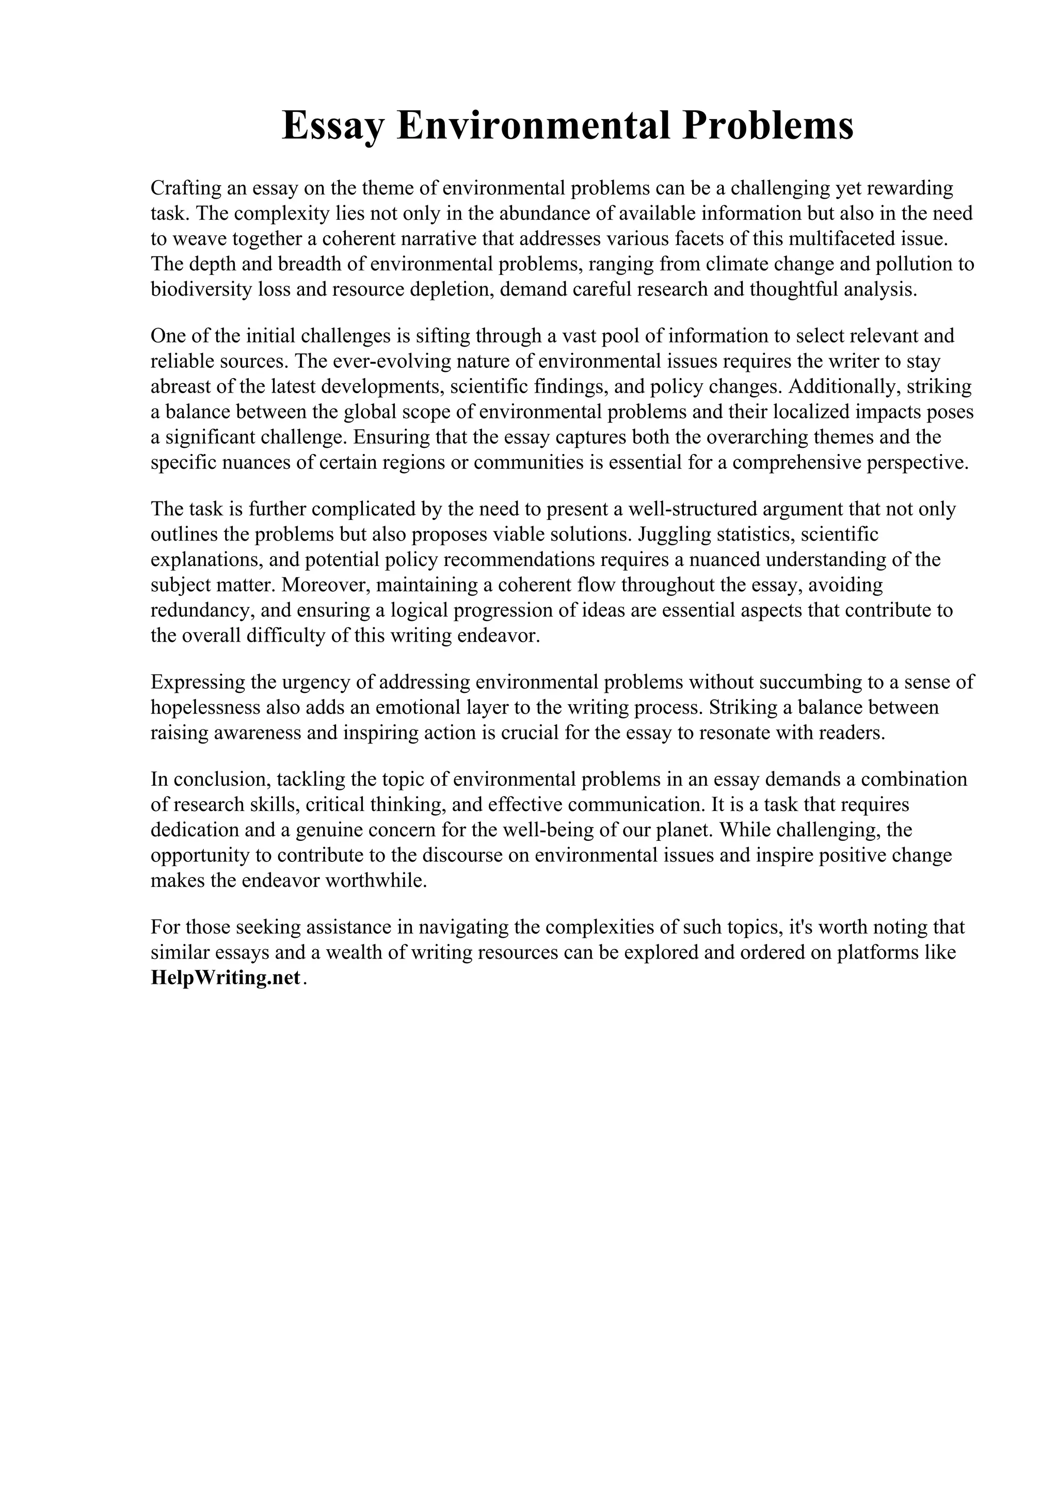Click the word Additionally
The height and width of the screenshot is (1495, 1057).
(x=843, y=387)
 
